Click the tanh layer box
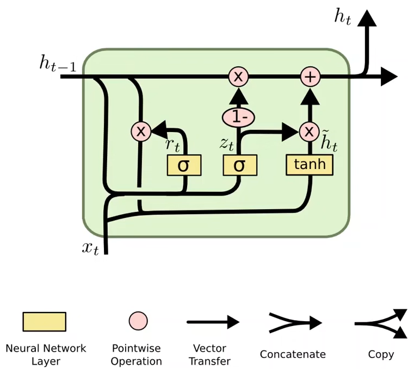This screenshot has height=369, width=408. pos(310,165)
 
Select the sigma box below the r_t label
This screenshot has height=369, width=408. pos(183,165)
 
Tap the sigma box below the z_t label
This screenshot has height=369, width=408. pos(239,165)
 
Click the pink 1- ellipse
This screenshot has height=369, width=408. pos(238,116)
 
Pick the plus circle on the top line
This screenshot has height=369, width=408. pos(310,77)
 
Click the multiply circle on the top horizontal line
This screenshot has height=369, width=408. pos(238,77)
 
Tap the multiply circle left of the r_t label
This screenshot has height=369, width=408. pos(141,131)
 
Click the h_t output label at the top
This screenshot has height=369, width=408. pos(343,17)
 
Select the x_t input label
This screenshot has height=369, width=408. pos(90,248)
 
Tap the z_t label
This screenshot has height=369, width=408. pos(227,143)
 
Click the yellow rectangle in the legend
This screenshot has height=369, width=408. pos(44,322)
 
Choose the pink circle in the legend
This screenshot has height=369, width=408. pos(138,321)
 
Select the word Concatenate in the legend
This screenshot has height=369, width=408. pos(293,354)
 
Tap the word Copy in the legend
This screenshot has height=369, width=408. pos(381,354)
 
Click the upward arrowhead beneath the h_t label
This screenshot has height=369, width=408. pos(368,17)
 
